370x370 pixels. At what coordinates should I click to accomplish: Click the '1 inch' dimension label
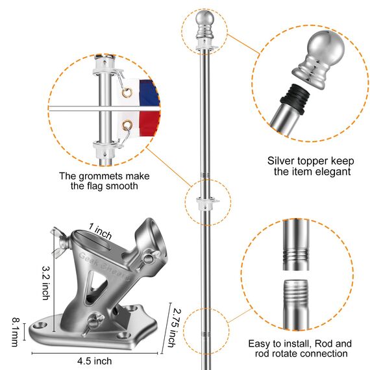click(x=101, y=230)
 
